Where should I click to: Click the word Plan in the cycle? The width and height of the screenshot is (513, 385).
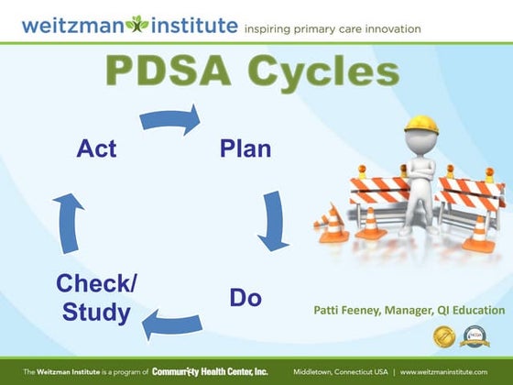click(x=246, y=148)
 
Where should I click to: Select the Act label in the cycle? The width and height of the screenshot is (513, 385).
click(x=96, y=148)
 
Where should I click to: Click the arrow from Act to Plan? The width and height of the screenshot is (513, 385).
click(x=170, y=120)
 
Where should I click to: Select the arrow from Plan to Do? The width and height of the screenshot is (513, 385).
click(x=274, y=220)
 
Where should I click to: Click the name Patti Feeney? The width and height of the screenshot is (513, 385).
click(x=349, y=311)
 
